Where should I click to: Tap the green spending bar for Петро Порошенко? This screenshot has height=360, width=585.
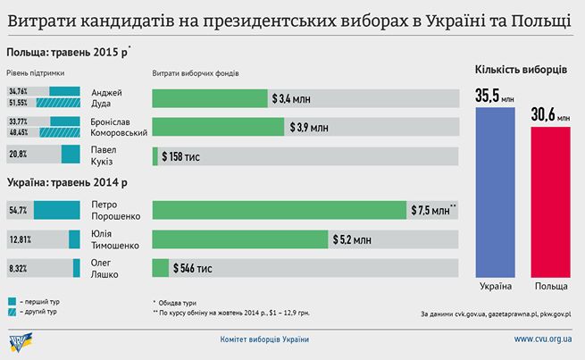[x=279, y=210]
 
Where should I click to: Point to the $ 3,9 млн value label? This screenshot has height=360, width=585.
[x=309, y=128]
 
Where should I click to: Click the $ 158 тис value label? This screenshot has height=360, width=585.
[x=180, y=155]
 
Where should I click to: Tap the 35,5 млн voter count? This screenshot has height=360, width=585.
[x=494, y=95]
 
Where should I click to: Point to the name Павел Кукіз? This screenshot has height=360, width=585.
[x=104, y=155]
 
